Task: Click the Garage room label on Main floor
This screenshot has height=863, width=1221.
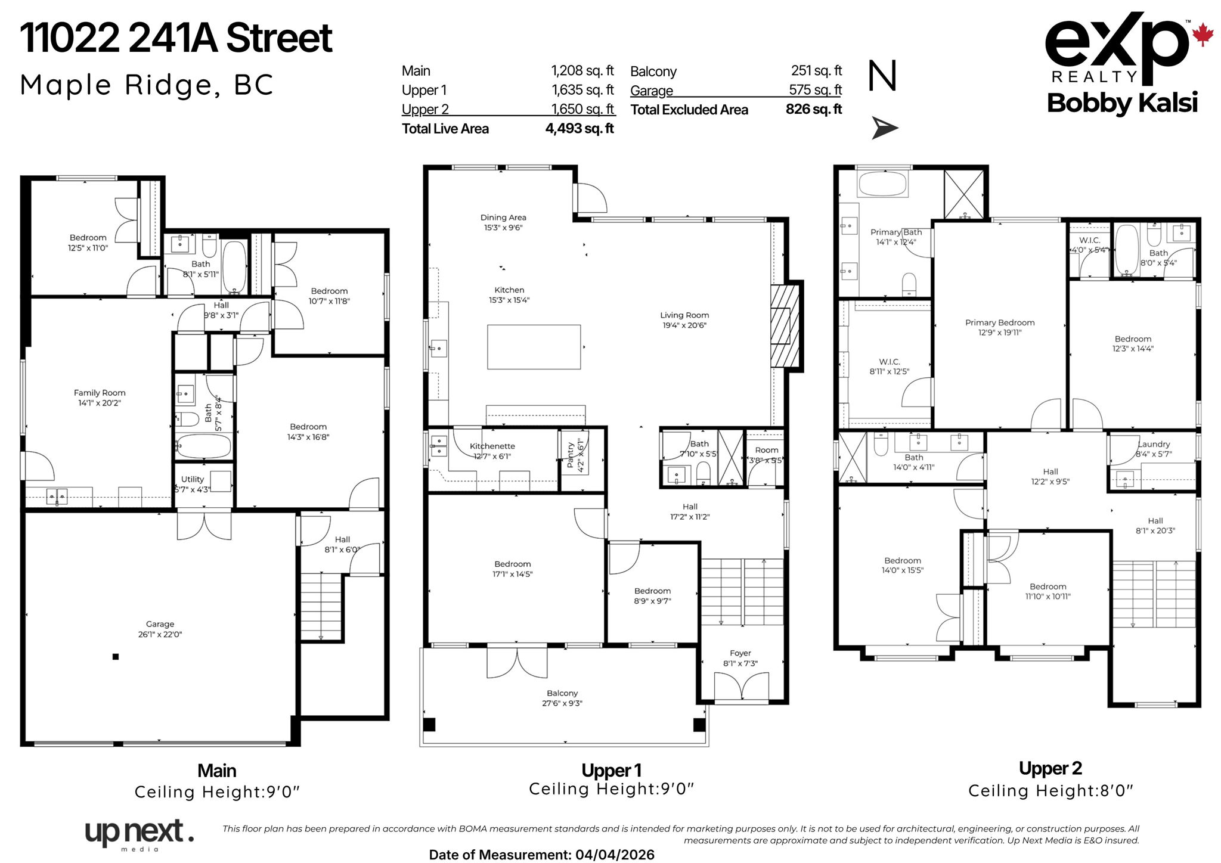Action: click(x=160, y=624)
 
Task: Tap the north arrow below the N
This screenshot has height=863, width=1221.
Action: click(x=884, y=128)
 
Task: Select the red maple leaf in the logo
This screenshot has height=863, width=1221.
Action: click(x=1203, y=35)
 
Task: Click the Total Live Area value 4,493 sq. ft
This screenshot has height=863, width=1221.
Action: click(x=579, y=129)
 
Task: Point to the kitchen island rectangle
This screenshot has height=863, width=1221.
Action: click(x=534, y=347)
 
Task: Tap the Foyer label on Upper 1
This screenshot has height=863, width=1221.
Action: click(x=740, y=653)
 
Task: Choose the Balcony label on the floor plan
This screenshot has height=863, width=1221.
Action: click(x=562, y=693)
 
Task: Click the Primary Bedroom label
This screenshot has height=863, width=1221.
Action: click(x=1000, y=322)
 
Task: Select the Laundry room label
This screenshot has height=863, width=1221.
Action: click(x=1154, y=444)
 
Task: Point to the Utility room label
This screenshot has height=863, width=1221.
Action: click(x=192, y=479)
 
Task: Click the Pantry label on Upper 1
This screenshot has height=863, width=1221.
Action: click(x=571, y=455)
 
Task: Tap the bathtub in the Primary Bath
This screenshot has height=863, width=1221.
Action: click(x=883, y=184)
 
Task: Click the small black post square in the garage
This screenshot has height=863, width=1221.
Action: click(x=116, y=657)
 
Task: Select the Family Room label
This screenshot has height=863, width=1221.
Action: click(x=100, y=393)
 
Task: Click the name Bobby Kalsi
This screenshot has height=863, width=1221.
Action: click(x=1122, y=103)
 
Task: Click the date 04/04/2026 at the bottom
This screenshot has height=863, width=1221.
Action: click(x=615, y=855)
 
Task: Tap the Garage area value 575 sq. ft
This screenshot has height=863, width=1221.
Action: click(x=815, y=90)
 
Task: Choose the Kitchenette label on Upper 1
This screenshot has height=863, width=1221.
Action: click(x=492, y=446)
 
